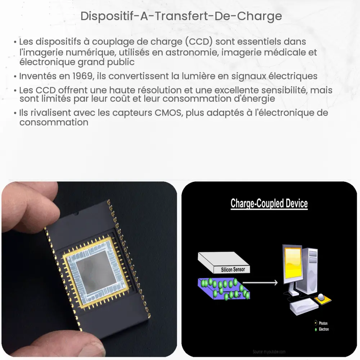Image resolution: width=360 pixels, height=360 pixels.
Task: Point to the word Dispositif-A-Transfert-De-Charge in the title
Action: click(x=181, y=17)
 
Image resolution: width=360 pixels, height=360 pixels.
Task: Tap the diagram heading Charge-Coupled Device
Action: click(x=269, y=203)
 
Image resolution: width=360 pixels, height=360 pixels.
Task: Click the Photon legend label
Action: click(x=323, y=323)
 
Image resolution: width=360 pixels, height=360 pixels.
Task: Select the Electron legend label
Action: click(x=323, y=329)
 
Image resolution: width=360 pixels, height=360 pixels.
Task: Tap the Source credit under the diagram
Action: click(x=269, y=351)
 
